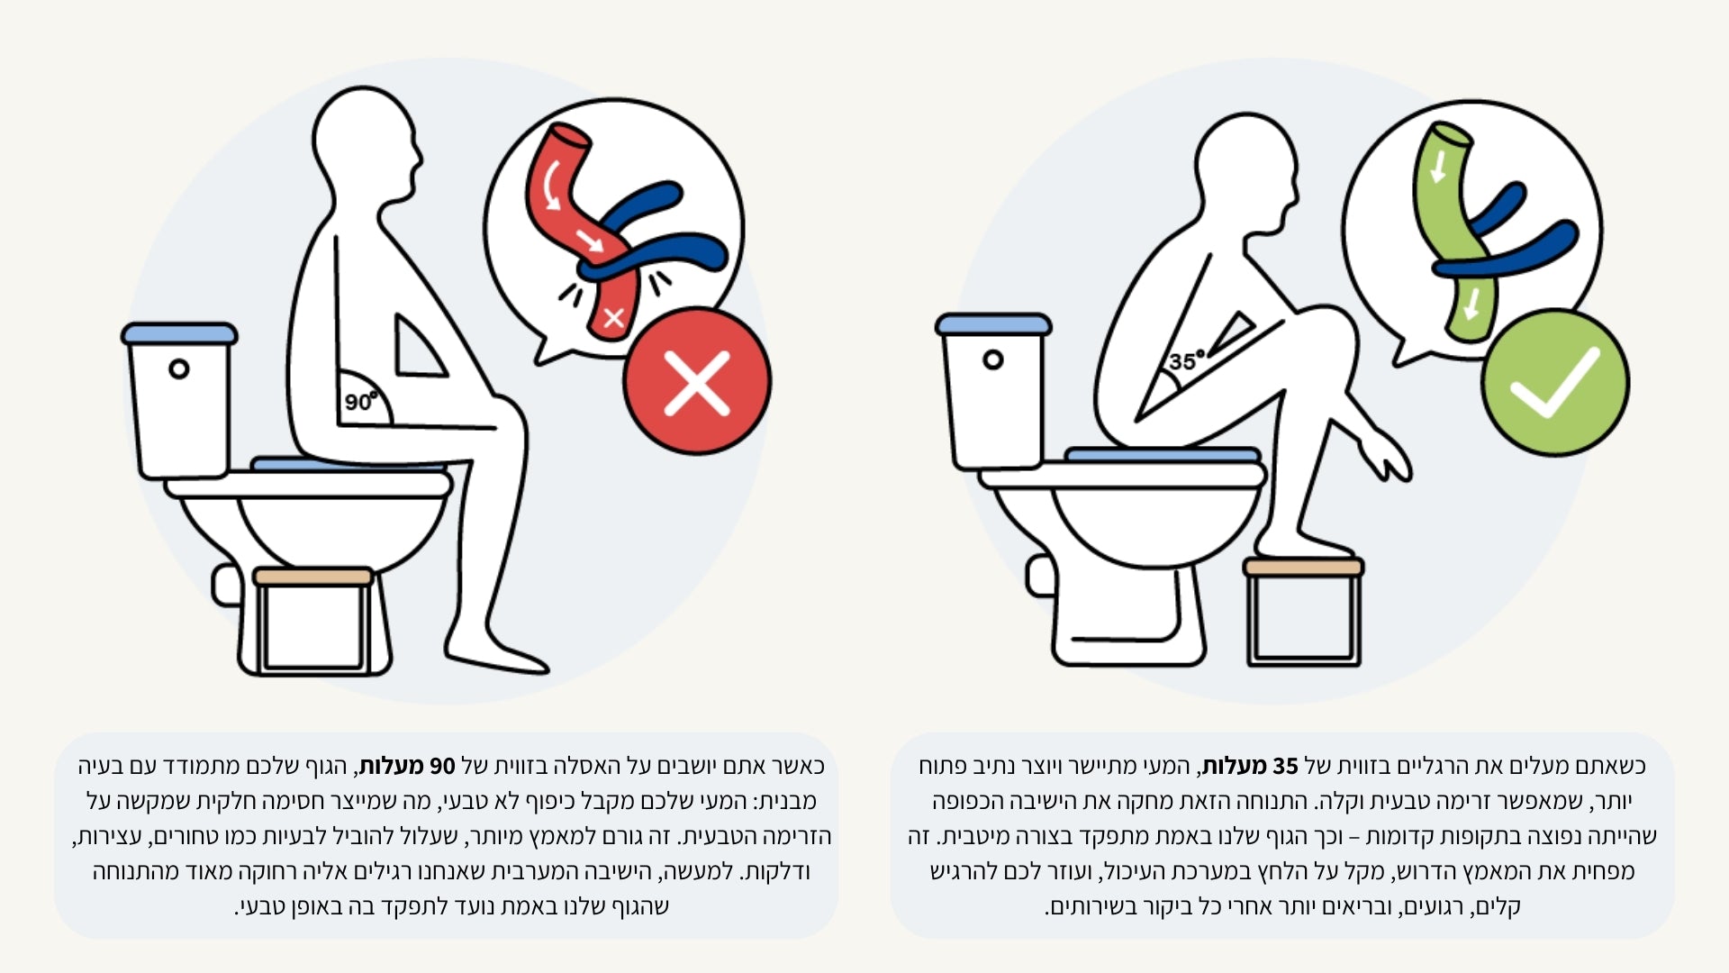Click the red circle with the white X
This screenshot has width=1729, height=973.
pos(697,381)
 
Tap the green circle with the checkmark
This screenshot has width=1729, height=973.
pos(1555,382)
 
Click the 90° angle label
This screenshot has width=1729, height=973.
pos(360,401)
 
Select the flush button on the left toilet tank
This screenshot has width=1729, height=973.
pos(179,368)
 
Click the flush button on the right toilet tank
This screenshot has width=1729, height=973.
pos(992,359)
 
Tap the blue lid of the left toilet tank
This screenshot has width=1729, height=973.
pos(179,333)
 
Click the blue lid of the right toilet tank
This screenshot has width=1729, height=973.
pos(993,324)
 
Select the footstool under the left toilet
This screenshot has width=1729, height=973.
pos(313,621)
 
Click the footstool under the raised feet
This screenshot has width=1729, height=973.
pos(1303,612)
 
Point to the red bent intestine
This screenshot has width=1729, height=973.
pos(583,231)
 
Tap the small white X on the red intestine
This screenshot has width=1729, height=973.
pos(614,317)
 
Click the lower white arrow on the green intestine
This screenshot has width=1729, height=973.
pos(1471,304)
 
